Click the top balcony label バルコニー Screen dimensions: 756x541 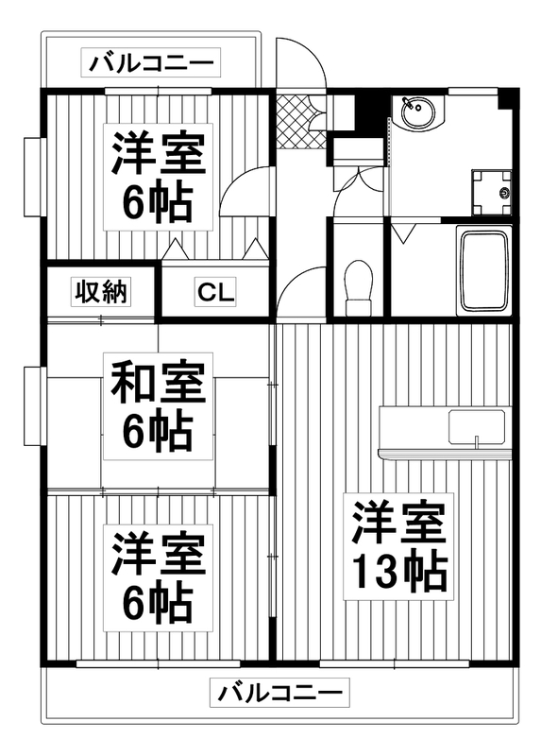[x=152, y=64]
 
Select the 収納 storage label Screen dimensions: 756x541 [x=100, y=293]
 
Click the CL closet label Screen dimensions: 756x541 [x=216, y=293]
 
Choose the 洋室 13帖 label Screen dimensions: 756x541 [x=399, y=546]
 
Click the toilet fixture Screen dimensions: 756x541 [x=358, y=286]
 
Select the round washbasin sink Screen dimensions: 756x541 [x=415, y=115]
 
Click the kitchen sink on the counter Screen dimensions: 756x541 [x=478, y=428]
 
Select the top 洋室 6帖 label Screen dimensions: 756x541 [x=158, y=177]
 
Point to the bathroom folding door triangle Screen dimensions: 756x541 [x=404, y=232]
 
